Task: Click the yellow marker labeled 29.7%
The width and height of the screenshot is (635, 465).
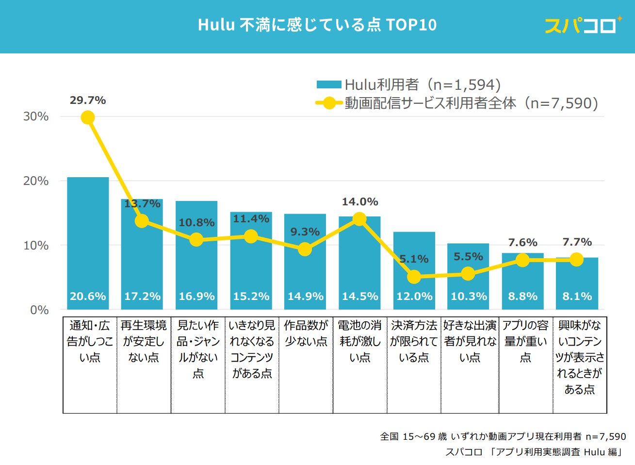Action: (x=88, y=117)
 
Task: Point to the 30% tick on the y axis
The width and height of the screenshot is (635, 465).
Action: (x=36, y=116)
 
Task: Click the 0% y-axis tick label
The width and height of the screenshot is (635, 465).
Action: (x=39, y=310)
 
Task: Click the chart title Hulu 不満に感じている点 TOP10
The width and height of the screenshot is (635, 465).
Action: (x=317, y=25)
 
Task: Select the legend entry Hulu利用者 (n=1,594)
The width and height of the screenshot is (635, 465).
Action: (x=408, y=85)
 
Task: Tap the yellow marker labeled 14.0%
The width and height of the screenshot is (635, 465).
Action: (x=359, y=219)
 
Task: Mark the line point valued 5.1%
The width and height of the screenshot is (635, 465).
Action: (x=414, y=277)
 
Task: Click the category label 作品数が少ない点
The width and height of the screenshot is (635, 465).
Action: (x=306, y=333)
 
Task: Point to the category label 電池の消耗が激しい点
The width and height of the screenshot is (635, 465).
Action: (x=360, y=341)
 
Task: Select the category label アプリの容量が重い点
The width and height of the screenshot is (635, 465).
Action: (x=525, y=341)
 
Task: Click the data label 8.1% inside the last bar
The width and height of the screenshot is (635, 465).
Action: (x=577, y=296)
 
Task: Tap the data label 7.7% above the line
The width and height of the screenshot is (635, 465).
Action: (x=577, y=242)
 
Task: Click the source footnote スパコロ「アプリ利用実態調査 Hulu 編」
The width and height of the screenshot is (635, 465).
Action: (x=534, y=452)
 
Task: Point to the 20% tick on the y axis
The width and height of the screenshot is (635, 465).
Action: (x=36, y=181)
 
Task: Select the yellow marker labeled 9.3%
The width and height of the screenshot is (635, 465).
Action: (x=305, y=249)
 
